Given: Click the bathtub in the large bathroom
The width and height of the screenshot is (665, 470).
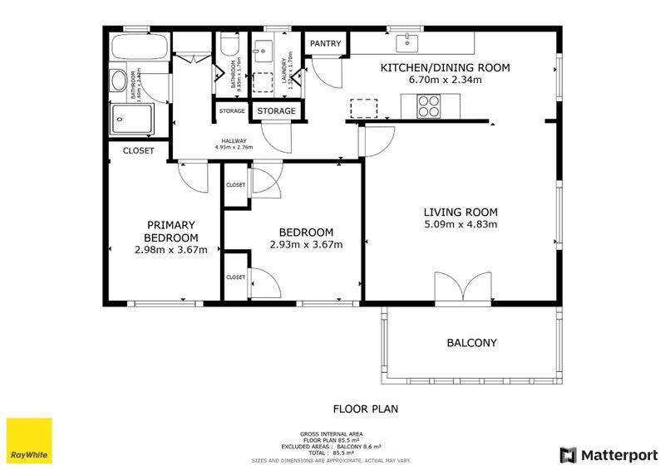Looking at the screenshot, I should tap(140, 48).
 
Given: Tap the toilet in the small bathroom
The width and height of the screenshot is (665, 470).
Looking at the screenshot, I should tap(229, 44).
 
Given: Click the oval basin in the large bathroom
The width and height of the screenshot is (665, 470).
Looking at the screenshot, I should tap(119, 81).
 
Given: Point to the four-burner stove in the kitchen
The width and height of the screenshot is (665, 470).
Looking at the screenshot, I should tap(429, 105).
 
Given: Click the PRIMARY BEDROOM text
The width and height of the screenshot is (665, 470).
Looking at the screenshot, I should tap(170, 231).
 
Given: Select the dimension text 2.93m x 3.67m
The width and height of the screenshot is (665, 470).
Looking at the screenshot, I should tap(306, 244).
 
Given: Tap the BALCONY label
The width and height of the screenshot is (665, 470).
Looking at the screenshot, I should tap(471, 342).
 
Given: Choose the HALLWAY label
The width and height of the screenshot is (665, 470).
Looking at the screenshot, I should tap(233, 140).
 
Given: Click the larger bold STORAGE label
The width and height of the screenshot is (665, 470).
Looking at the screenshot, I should tap(276, 110).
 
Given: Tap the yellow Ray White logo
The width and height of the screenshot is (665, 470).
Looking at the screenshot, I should tap(29, 441).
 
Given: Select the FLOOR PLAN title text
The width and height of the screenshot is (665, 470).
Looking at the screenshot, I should tap(366, 409).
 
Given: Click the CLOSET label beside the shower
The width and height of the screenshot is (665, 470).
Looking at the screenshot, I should tap(138, 151).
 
